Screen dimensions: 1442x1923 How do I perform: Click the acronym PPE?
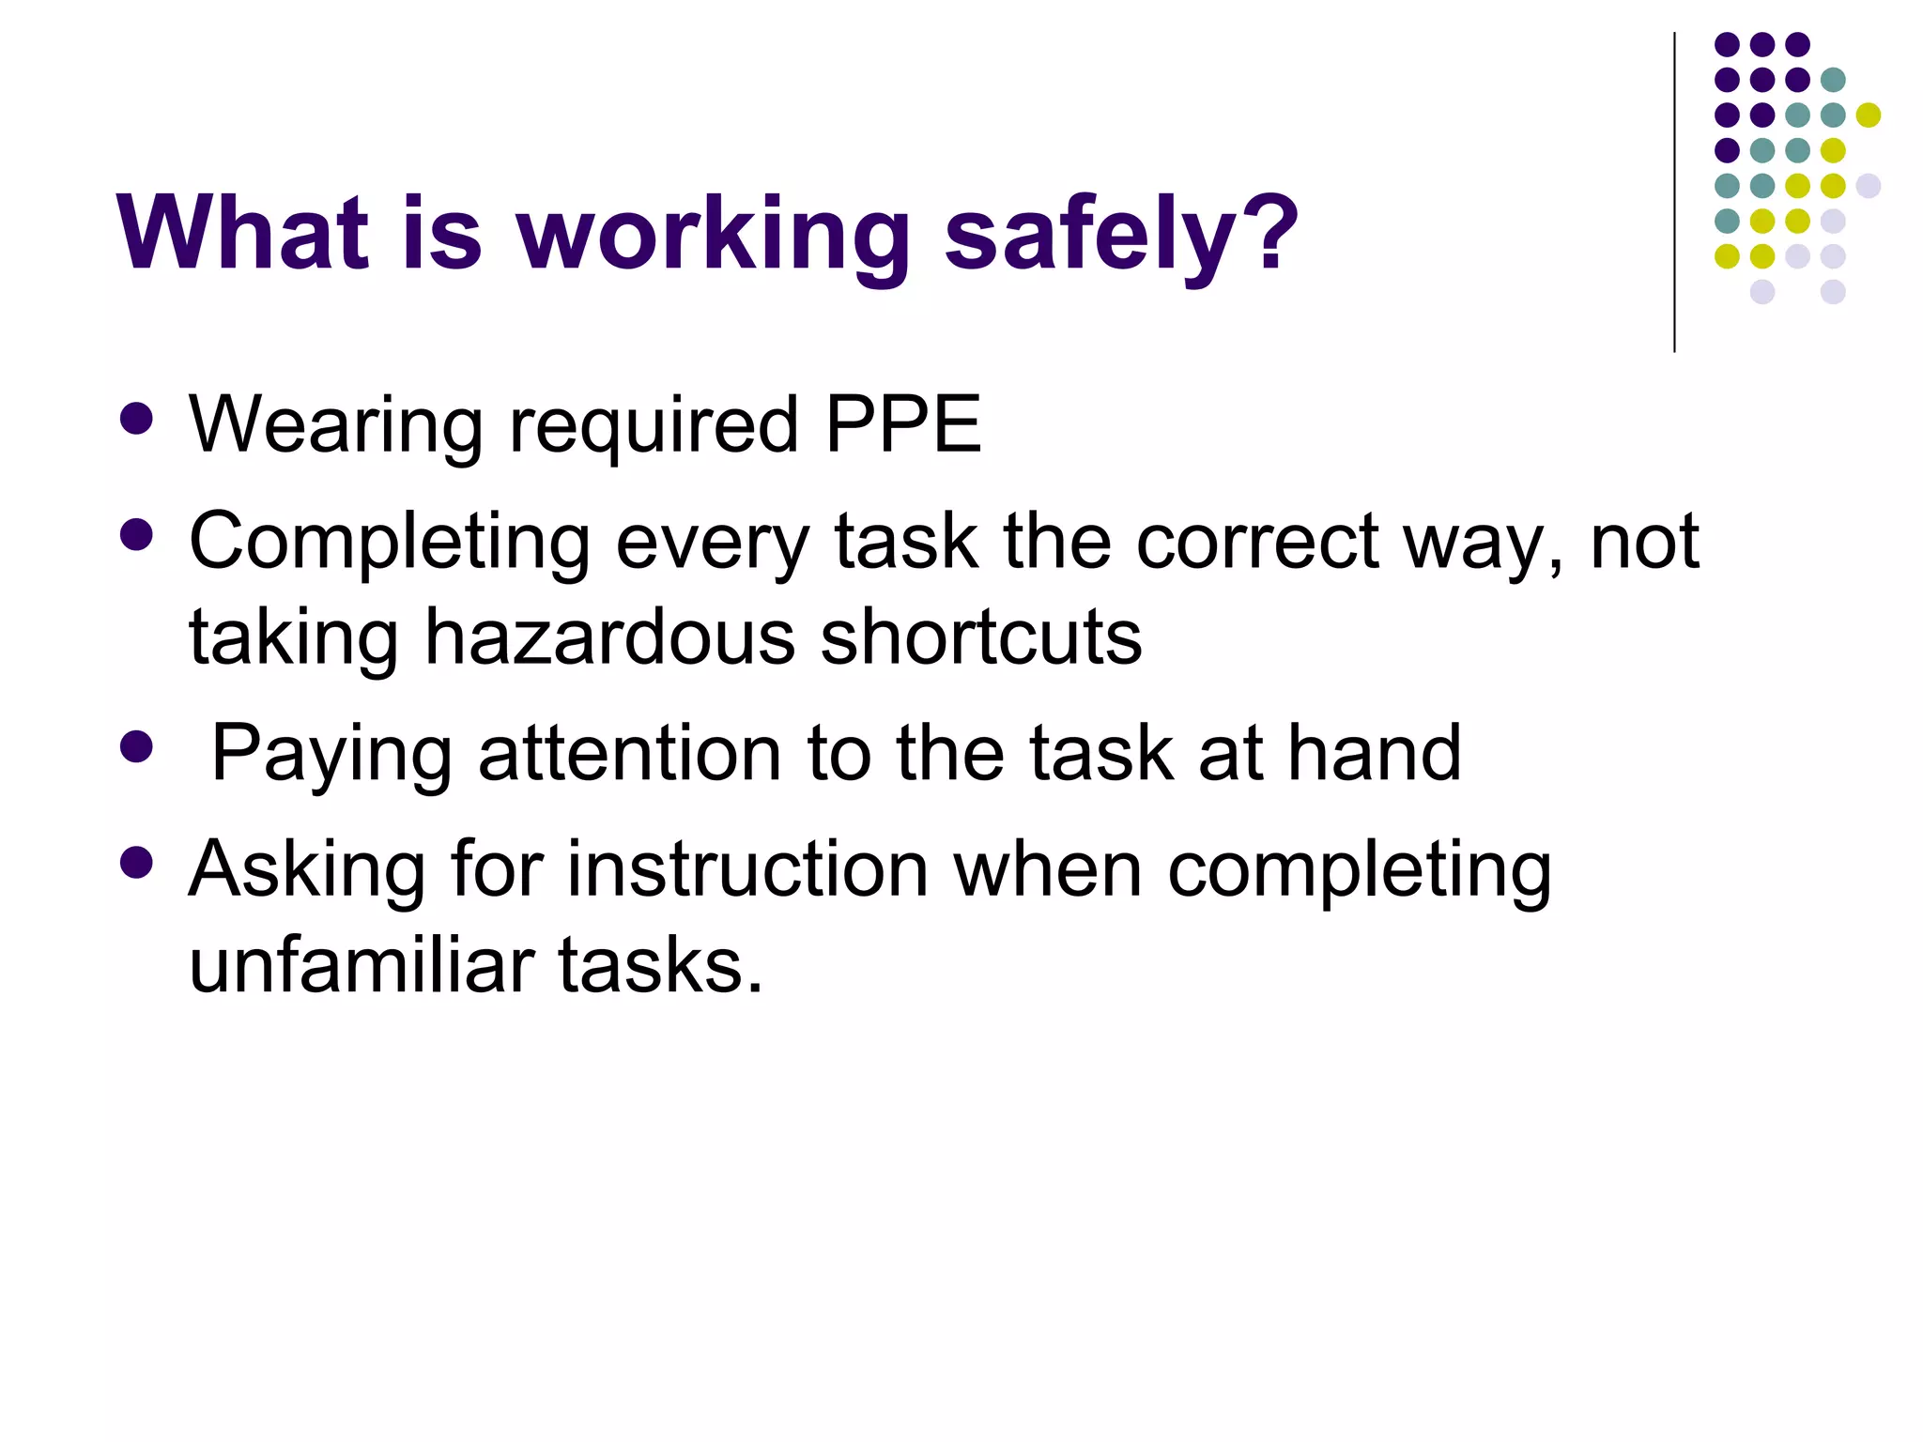(903, 424)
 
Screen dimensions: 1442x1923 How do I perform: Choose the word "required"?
(654, 427)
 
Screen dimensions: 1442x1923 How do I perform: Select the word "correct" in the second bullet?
(1257, 542)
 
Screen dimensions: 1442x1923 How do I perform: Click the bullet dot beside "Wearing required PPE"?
(137, 420)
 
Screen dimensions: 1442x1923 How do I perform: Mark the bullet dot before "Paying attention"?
(137, 747)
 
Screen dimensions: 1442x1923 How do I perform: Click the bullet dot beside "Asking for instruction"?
(137, 863)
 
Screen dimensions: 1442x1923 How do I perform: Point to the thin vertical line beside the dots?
(1674, 192)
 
